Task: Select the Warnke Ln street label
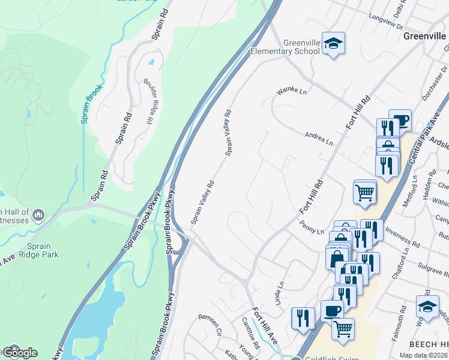[291, 91]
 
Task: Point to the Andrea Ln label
[319, 139]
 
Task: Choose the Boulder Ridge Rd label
[148, 101]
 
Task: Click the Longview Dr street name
[386, 23]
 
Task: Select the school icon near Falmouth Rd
[427, 306]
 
